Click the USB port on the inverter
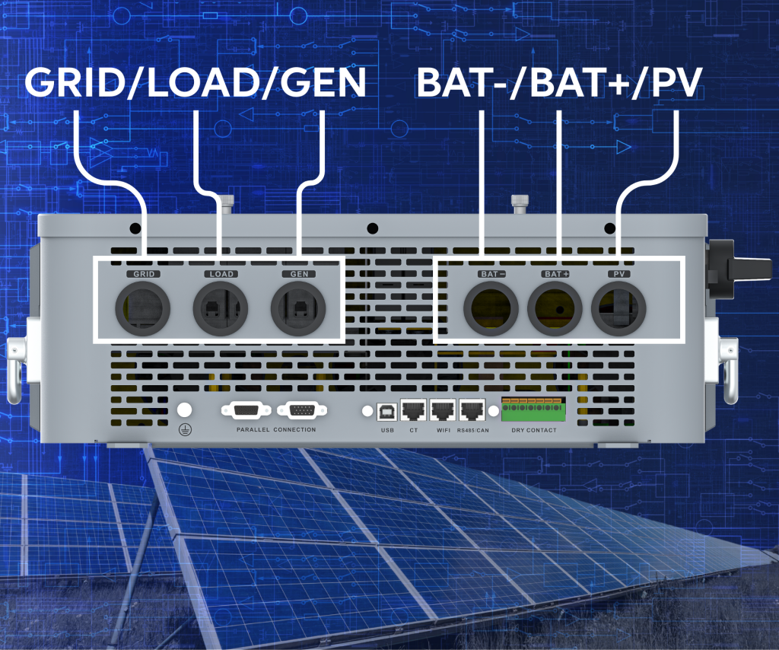[387, 411]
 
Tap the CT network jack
[414, 411]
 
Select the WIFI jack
[442, 411]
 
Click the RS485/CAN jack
[472, 411]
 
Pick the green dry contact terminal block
[533, 409]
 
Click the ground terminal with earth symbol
[183, 410]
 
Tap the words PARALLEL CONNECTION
[275, 430]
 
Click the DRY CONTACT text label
[533, 431]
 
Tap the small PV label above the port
[618, 273]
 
